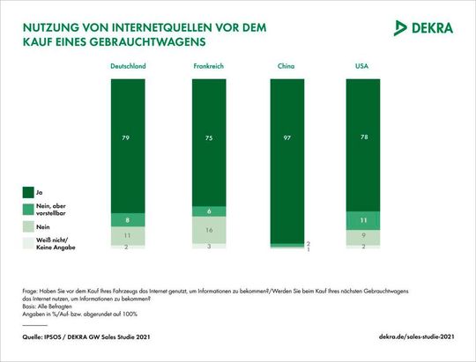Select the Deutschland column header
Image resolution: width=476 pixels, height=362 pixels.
click(x=128, y=67)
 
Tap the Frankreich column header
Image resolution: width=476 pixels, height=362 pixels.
click(x=208, y=67)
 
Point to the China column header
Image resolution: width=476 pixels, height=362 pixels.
click(x=287, y=67)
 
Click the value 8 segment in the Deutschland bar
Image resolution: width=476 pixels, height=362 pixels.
click(x=128, y=220)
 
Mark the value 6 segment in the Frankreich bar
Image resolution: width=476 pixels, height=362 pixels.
click(x=208, y=211)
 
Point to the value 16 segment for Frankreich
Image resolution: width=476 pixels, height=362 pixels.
click(x=208, y=230)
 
